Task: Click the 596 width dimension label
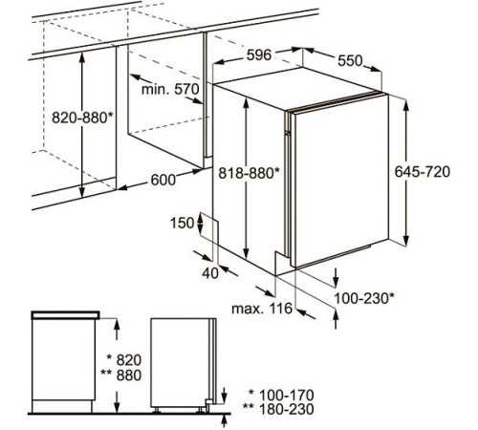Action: [259, 54]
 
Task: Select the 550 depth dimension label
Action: [350, 60]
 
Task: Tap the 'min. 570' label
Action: [170, 89]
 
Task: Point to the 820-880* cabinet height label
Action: [82, 118]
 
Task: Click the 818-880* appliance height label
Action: [249, 173]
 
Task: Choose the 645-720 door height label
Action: [423, 172]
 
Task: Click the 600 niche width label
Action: [163, 180]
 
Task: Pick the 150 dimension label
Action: [182, 223]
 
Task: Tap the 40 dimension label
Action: [210, 273]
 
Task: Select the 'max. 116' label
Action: [262, 309]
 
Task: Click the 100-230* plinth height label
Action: [364, 298]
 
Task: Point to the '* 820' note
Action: [124, 360]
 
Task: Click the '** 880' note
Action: [121, 376]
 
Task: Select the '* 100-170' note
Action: [281, 396]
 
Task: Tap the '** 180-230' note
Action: [278, 409]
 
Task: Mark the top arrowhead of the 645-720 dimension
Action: [405, 104]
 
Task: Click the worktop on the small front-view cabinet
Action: [65, 315]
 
